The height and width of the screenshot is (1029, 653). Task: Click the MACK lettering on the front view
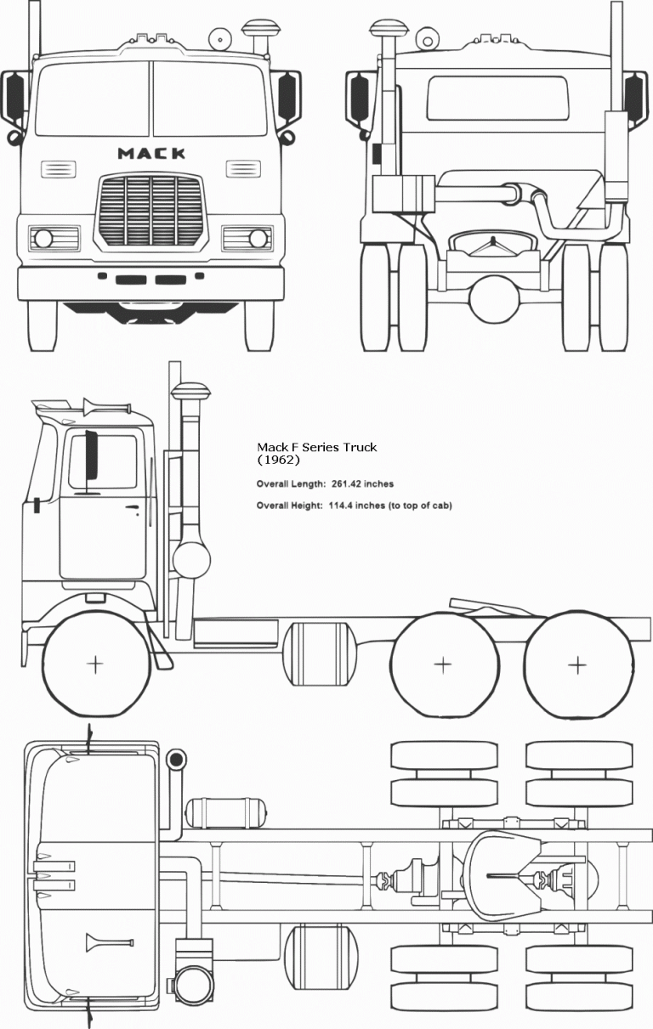[x=151, y=154]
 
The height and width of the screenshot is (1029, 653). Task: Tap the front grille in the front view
[x=151, y=209]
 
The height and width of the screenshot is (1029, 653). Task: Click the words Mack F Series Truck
[x=316, y=447]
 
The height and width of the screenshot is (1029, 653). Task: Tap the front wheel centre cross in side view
[x=95, y=664]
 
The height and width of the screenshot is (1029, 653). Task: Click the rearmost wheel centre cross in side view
[x=578, y=664]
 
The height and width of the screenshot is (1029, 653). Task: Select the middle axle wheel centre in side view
[x=442, y=664]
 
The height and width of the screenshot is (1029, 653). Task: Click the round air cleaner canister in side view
[x=190, y=561]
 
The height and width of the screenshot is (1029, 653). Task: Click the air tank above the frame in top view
[x=224, y=813]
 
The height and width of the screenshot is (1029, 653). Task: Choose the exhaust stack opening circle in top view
[x=177, y=759]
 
